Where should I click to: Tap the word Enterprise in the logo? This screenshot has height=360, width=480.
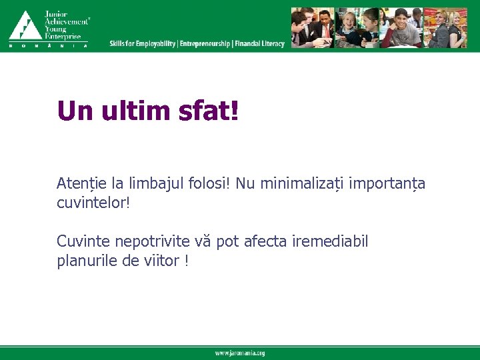tap(63, 37)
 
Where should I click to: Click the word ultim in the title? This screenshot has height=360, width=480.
tap(137, 111)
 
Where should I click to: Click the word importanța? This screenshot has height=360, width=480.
tap(386, 183)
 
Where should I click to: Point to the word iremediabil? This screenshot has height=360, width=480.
tap(330, 241)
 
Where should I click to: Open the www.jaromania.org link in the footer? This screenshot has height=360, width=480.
tap(239, 353)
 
